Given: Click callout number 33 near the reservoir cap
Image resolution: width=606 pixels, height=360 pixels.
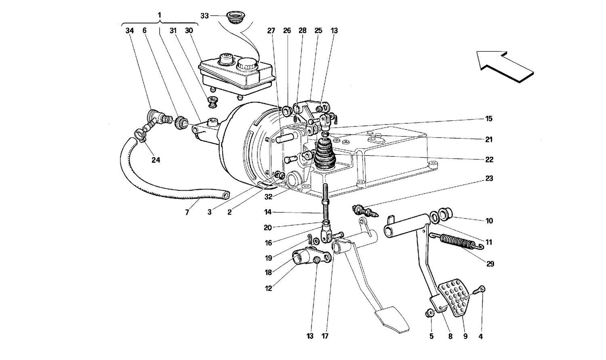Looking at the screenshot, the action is (204, 16).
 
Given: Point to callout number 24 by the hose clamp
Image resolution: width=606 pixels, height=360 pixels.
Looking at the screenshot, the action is (156, 160).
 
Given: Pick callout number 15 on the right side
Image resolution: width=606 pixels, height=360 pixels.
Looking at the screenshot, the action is (488, 119).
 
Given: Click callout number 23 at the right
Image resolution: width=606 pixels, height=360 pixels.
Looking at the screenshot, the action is (489, 179).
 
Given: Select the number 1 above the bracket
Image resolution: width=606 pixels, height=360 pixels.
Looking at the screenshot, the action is (159, 15).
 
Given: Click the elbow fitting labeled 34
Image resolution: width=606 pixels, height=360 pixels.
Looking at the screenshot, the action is (153, 119).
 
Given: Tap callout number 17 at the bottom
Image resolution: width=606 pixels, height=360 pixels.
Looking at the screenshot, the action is (325, 336).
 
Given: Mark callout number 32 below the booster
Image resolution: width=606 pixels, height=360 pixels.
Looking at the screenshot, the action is (268, 197).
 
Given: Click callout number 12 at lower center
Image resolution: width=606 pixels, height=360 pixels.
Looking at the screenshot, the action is (268, 288).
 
